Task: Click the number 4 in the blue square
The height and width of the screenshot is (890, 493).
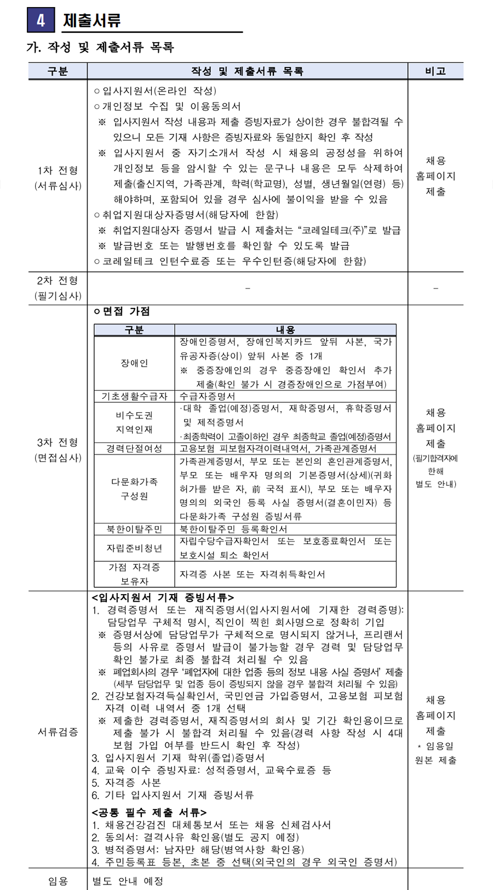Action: [x=41, y=20]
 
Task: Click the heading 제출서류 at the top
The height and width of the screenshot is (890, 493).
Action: [x=91, y=21]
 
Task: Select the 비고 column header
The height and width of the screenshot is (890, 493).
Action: [x=435, y=71]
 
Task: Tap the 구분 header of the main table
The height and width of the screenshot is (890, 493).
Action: [x=58, y=71]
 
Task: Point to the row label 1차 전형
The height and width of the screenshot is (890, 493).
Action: [x=58, y=170]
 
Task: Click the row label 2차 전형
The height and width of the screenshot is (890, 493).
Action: [x=58, y=281]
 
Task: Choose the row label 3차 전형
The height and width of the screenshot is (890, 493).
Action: [x=58, y=442]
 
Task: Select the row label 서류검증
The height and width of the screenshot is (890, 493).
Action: [x=58, y=732]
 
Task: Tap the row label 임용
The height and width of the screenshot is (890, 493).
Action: [x=58, y=881]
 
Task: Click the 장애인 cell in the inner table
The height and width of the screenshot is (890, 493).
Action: [x=134, y=363]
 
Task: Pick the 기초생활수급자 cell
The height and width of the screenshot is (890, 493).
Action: [x=134, y=396]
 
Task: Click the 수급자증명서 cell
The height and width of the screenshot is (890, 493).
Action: [x=208, y=396]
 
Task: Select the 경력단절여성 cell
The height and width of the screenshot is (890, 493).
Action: [x=134, y=448]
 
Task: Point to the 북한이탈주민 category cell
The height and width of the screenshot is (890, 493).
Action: [x=134, y=529]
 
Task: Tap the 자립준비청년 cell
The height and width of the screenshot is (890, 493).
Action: [x=134, y=548]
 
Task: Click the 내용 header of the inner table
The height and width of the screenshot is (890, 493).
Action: [x=285, y=330]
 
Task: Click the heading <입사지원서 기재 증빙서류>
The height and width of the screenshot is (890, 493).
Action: [x=163, y=597]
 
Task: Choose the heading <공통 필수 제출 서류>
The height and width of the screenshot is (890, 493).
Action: [x=149, y=812]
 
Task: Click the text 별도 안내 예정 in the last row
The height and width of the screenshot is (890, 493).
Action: [x=128, y=881]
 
